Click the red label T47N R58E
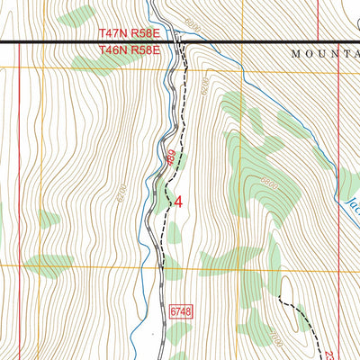tap(129, 33)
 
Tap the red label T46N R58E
tap(129, 51)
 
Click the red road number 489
tap(171, 159)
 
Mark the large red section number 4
tap(178, 202)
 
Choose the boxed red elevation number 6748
tap(180, 310)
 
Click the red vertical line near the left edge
tap(19, 180)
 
